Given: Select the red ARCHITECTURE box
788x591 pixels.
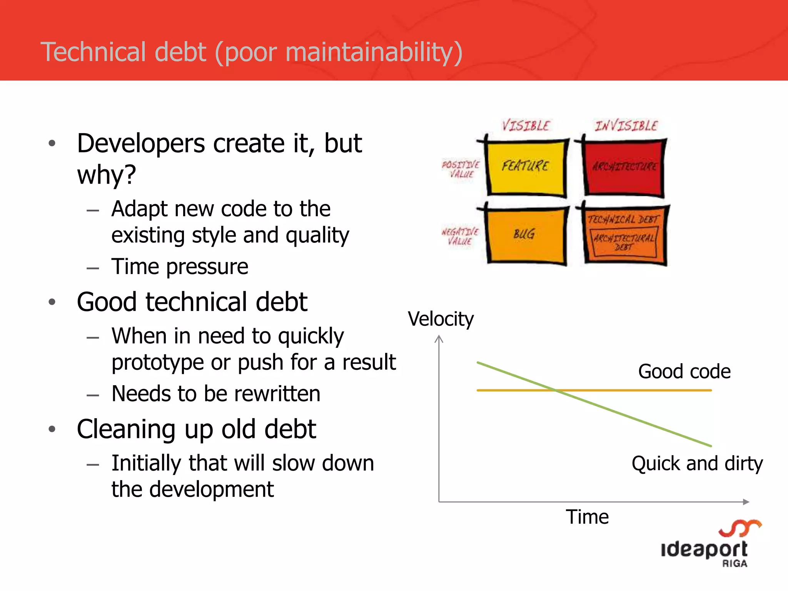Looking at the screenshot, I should pyautogui.click(x=624, y=167).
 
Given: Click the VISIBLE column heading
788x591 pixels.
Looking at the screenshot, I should pyautogui.click(x=526, y=125).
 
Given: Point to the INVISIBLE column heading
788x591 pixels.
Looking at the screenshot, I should pyautogui.click(x=626, y=125).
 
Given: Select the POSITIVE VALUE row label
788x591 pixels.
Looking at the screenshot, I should pyautogui.click(x=461, y=169).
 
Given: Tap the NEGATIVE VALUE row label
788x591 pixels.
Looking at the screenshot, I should pyautogui.click(x=460, y=236).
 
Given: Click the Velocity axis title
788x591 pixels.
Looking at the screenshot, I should pyautogui.click(x=441, y=319).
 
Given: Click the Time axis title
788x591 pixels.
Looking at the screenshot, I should pyautogui.click(x=587, y=517).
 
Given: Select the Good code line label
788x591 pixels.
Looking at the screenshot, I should pyautogui.click(x=684, y=372).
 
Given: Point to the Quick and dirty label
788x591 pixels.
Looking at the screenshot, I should pyautogui.click(x=697, y=463).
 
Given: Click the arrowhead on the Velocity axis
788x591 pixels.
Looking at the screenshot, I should pyautogui.click(x=439, y=339).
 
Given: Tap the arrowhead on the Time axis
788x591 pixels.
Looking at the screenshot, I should pyautogui.click(x=746, y=502).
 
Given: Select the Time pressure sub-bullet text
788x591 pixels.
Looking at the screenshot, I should pyautogui.click(x=180, y=267).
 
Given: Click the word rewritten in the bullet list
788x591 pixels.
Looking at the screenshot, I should pyautogui.click(x=277, y=394).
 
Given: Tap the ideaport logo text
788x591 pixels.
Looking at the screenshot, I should pyautogui.click(x=704, y=549).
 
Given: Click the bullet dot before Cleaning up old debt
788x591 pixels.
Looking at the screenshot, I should pyautogui.click(x=52, y=429).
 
